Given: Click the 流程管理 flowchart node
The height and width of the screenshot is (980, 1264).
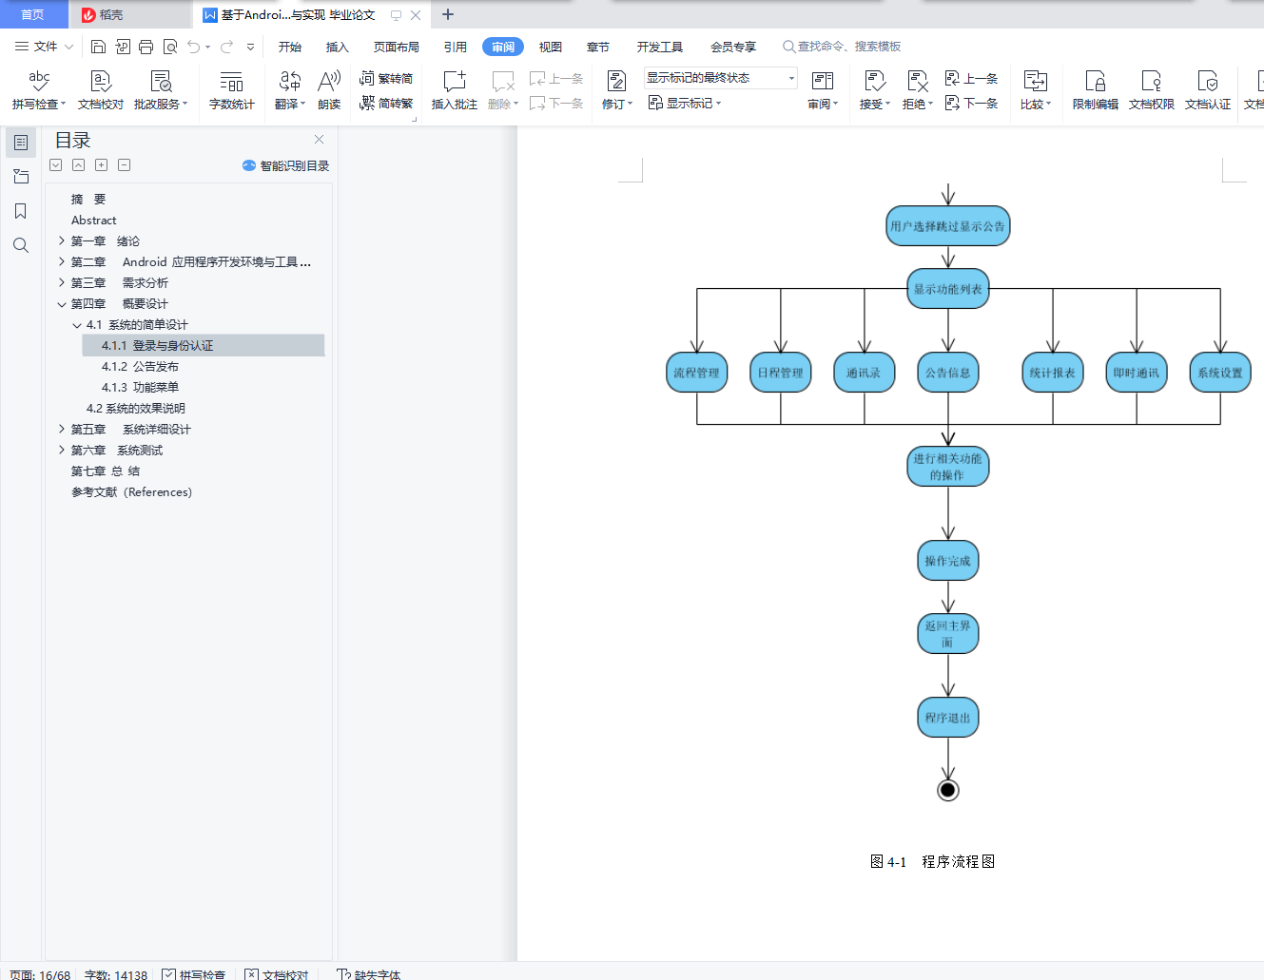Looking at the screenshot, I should coord(696,373).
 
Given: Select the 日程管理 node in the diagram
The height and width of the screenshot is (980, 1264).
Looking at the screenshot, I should coord(780,373).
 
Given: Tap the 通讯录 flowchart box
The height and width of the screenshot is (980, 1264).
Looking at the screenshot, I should coord(864,373).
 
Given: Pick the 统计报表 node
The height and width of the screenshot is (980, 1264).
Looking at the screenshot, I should coord(1052,373).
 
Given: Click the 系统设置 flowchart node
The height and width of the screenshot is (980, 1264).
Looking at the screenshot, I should coord(1219,373).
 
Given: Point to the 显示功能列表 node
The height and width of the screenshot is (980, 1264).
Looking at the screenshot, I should coord(947,289).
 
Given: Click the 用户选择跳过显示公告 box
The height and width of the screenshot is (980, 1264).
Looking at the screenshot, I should coord(947,226).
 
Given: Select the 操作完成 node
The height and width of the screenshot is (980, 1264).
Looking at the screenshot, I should coord(947,561).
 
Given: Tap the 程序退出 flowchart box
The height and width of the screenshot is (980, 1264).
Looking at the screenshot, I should coord(947,718).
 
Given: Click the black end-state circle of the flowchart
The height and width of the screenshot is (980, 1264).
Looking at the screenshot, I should coord(947,790).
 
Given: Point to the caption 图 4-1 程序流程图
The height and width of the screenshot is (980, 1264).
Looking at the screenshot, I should coord(932,861).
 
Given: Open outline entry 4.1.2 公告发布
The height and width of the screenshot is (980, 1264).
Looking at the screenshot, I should coord(140,366).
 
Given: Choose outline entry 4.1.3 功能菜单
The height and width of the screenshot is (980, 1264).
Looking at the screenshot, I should coord(140,387).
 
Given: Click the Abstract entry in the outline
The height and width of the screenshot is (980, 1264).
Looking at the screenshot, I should coord(93,220).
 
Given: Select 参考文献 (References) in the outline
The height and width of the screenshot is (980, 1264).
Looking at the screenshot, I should coord(131,491).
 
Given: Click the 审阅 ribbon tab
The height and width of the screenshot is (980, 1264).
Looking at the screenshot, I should coord(503,47).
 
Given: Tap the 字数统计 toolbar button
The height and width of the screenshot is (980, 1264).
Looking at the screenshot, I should coord(231,89).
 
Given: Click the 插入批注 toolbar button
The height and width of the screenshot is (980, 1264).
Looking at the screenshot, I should coord(454,89).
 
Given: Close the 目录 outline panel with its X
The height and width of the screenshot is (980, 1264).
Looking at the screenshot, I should coord(319,139).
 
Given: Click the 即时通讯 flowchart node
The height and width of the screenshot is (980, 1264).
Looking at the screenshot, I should coord(1136,373).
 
